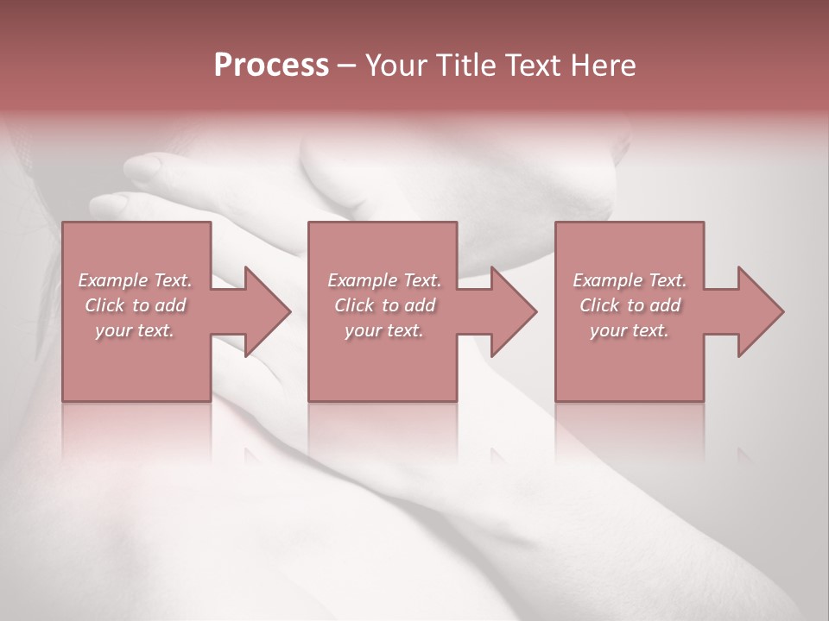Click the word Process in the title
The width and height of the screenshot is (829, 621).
click(x=271, y=66)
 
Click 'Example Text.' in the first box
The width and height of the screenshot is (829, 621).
click(x=135, y=280)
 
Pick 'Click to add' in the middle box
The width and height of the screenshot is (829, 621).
click(x=384, y=305)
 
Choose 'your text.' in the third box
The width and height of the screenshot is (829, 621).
click(x=630, y=330)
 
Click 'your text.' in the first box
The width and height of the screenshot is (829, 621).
click(x=135, y=330)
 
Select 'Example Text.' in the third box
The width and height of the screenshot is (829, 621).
click(x=630, y=280)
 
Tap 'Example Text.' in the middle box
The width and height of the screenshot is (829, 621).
click(x=384, y=280)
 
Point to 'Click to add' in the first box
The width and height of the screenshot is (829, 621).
click(x=135, y=305)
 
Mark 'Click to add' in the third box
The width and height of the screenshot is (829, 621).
click(x=630, y=305)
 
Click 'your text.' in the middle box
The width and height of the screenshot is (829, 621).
click(x=384, y=330)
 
